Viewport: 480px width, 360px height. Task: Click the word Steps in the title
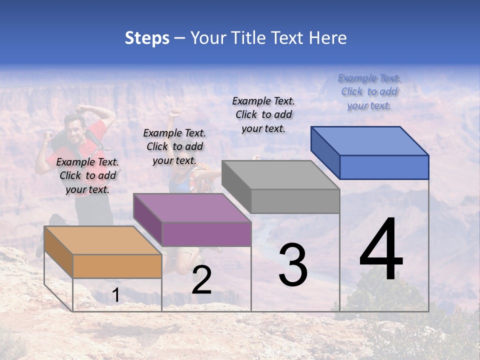pos(147,38)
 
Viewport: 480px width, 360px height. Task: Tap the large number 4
pos(381,250)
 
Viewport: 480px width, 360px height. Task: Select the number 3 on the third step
pos(292,265)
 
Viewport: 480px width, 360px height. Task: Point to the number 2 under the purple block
pos(201,280)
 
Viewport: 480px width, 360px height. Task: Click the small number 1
pos(115,295)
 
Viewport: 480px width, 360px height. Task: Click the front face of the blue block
pos(384,167)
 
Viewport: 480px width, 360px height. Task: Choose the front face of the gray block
pos(295,201)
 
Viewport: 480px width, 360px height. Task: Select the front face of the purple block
pos(206,234)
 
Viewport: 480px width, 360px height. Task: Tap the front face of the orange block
pos(117,266)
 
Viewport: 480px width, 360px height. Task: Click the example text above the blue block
pos(369,91)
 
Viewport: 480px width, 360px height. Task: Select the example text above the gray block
pos(263,114)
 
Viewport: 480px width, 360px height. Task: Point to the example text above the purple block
pos(174,146)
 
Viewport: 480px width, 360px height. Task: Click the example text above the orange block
pos(87,175)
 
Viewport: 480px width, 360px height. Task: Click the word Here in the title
pos(327,38)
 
